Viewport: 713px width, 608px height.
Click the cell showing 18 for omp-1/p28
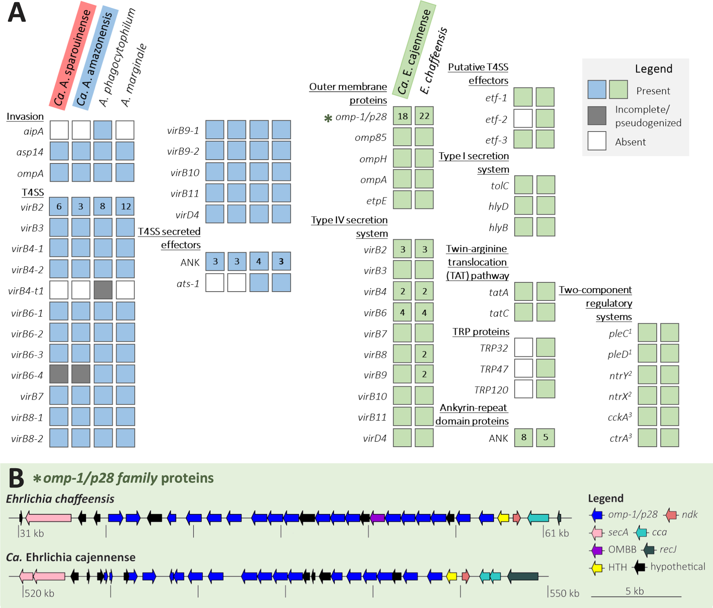tap(402, 116)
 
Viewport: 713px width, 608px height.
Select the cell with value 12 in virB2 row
tap(125, 206)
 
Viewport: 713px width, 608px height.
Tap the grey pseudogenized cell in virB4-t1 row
tap(103, 290)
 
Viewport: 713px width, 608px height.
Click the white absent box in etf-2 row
tap(523, 118)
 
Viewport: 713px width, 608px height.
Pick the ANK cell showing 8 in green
tap(524, 438)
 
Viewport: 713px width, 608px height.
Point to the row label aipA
tap(34, 131)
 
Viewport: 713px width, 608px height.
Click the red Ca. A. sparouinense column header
tap(73, 55)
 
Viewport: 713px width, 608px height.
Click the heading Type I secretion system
tap(474, 162)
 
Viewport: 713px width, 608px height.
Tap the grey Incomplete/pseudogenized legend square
tap(597, 116)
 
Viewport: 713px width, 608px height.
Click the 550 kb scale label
tap(564, 593)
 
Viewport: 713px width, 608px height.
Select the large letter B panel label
tap(16, 478)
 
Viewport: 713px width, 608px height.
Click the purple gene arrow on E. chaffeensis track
tap(377, 517)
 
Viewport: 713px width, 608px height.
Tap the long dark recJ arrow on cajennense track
tap(523, 576)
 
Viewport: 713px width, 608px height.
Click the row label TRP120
tap(491, 390)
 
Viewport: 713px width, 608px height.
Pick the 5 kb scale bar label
tap(635, 591)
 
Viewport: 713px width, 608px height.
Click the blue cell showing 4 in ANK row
tap(259, 261)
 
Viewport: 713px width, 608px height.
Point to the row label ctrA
tap(620, 438)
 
